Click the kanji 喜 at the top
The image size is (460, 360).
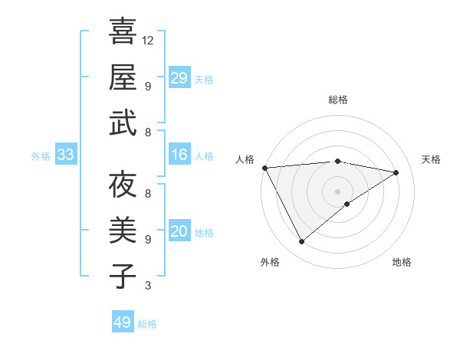[123, 31]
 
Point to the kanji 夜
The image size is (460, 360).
[123, 185]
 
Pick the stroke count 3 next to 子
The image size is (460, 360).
[148, 286]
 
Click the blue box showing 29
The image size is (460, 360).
[179, 77]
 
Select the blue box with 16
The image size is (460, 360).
[179, 155]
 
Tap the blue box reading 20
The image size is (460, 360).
[179, 231]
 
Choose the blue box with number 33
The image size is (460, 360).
[66, 155]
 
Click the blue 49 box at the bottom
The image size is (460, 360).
[123, 322]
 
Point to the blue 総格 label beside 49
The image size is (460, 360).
[148, 324]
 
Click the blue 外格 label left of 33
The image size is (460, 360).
[41, 156]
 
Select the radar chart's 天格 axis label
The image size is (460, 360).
[431, 159]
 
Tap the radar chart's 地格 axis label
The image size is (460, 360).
[402, 262]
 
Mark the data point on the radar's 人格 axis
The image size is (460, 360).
[264, 167]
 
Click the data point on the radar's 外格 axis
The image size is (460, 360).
[301, 242]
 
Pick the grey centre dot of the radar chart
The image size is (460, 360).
[337, 190]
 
